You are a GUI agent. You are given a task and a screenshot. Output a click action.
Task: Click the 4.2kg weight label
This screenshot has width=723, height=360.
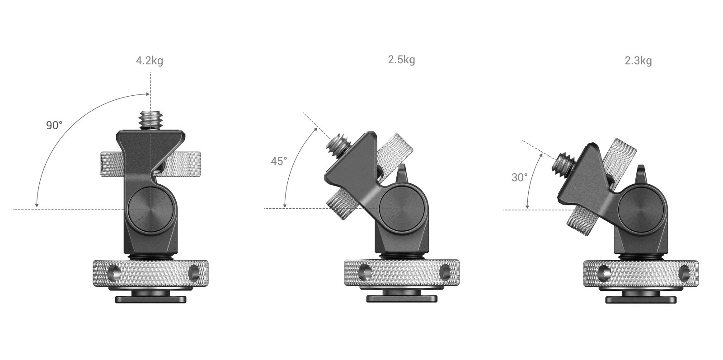[x=150, y=61]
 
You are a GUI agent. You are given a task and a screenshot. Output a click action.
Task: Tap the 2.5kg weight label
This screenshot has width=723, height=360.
[x=402, y=60]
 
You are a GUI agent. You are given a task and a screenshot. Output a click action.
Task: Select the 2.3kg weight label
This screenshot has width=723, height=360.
[x=638, y=61]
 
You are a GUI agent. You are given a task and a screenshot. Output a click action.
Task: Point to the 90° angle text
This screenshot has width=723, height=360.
[x=54, y=125]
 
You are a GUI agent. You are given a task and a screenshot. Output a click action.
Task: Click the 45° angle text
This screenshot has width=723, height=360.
[x=279, y=161]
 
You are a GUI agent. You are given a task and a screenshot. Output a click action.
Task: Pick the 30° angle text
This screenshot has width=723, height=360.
[x=519, y=177]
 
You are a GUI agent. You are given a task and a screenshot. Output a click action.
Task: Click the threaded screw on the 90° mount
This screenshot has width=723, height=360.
[x=150, y=121]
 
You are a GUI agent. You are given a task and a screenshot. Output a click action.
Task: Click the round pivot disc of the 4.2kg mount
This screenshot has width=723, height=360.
[x=152, y=210]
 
